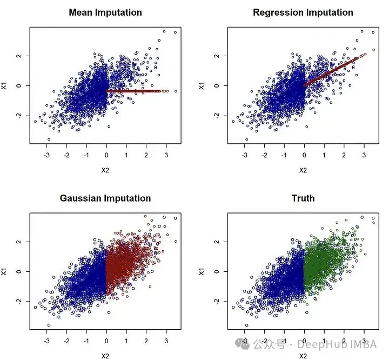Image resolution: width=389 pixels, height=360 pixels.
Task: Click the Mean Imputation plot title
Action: (x=105, y=12)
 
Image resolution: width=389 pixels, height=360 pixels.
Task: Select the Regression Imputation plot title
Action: (x=303, y=12)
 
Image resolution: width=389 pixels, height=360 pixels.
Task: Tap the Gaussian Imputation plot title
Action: (x=105, y=198)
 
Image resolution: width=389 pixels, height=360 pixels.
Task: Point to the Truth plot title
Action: (x=303, y=198)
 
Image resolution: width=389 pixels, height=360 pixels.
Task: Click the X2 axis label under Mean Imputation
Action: (x=106, y=170)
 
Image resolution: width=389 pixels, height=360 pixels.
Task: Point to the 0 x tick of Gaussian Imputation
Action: (x=106, y=342)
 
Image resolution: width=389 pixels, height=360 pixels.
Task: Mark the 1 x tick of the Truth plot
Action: (x=324, y=342)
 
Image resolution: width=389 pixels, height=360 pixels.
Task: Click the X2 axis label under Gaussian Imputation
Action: (x=106, y=356)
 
